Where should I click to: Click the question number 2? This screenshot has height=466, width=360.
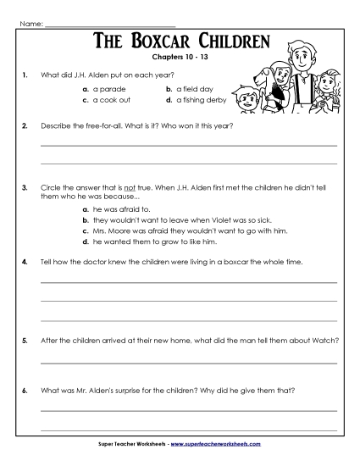25,125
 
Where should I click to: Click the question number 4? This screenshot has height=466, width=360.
25,264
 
